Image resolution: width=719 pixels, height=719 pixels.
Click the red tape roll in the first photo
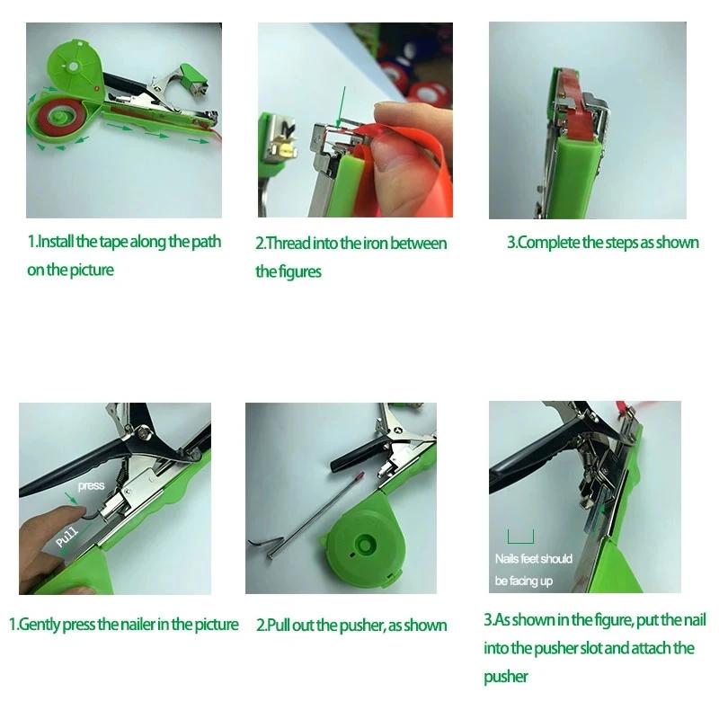click(x=61, y=120)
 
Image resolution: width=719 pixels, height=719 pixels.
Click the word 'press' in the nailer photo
click(x=92, y=486)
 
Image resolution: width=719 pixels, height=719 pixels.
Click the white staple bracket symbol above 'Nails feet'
click(x=519, y=537)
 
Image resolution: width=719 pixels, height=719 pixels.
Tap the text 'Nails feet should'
click(x=534, y=559)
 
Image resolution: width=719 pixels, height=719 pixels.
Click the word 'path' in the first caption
click(x=205, y=243)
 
